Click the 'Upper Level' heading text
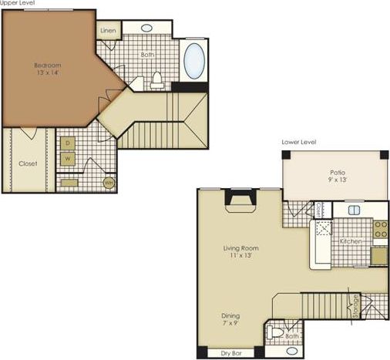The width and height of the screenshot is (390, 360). [x=17, y=3]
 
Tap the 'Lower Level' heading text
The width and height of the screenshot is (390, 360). [x=300, y=142]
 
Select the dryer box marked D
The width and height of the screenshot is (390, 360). [x=68, y=143]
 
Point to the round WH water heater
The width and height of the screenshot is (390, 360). [x=109, y=183]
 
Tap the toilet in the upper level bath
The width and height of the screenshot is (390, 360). [x=157, y=78]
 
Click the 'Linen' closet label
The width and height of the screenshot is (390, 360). [x=108, y=30]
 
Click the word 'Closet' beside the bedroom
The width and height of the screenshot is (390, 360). [x=29, y=163]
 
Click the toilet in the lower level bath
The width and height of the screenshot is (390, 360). [x=276, y=335]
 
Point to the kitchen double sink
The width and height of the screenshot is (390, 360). [x=355, y=209]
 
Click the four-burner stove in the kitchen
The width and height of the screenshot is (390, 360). [x=379, y=228]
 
